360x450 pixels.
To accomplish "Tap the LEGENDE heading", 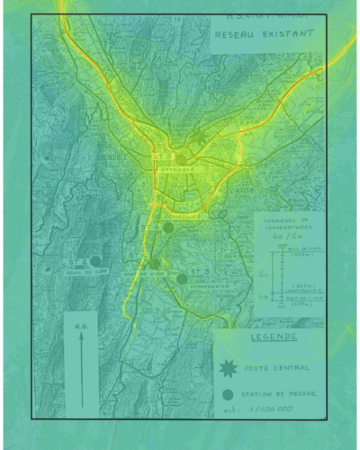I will point(274,338).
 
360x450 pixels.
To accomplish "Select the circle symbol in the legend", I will point(229,394).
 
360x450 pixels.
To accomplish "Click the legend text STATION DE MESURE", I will point(283,394).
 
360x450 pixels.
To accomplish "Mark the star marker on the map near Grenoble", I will point(199,137).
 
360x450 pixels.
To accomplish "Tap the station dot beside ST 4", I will point(167,228).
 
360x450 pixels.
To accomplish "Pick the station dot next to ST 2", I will point(95,261).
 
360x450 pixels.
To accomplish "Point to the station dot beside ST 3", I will point(182,279).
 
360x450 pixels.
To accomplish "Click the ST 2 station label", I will point(77,262).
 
